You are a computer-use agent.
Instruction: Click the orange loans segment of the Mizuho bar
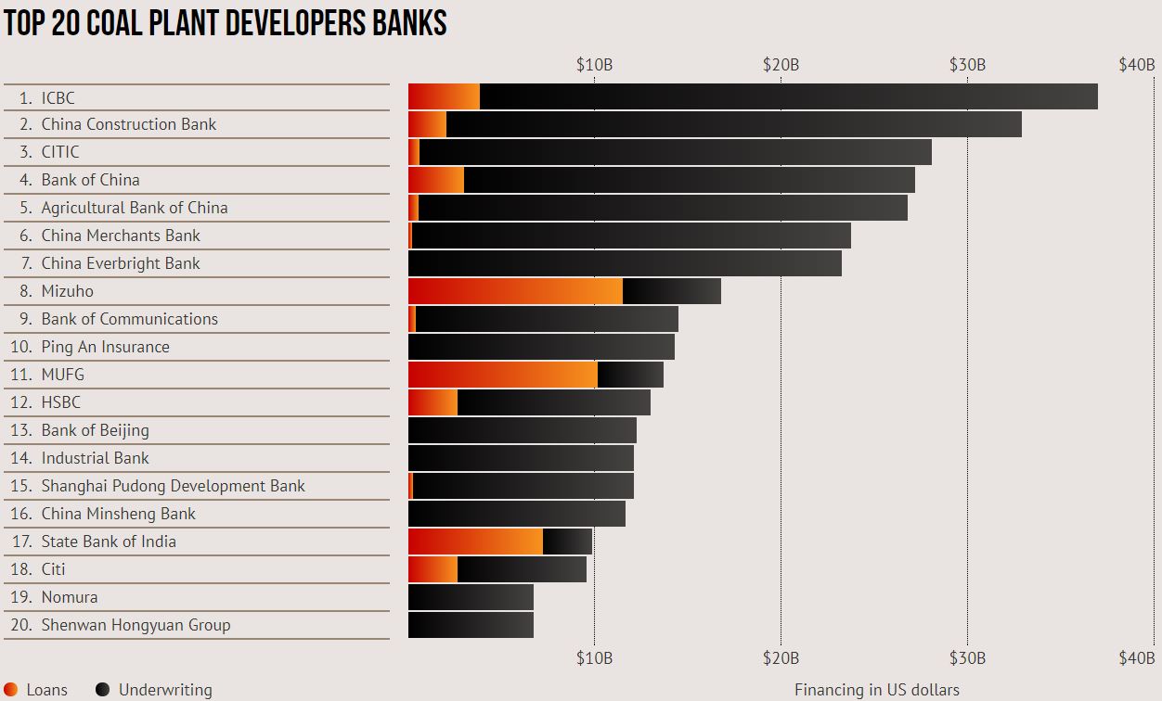tap(515, 291)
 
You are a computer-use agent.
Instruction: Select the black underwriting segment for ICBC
tap(789, 96)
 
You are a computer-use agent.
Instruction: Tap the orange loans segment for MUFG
tap(502, 375)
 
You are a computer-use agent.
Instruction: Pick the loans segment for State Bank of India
tap(475, 542)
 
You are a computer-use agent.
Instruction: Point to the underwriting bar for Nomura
tap(471, 597)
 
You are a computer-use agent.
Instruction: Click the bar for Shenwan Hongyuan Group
tap(471, 625)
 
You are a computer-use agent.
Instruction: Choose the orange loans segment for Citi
tap(433, 569)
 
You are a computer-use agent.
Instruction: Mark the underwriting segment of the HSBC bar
tap(554, 402)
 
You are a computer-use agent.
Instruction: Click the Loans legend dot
tap(11, 689)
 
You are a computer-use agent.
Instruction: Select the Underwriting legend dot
tap(103, 689)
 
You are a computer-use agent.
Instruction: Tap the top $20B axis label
tap(781, 65)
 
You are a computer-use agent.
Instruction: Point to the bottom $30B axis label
tap(967, 658)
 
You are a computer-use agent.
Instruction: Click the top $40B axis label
tap(1136, 65)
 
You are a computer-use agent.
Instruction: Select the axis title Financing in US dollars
tap(876, 690)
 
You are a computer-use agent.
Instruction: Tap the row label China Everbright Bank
tap(121, 263)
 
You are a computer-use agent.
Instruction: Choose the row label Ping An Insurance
tap(105, 347)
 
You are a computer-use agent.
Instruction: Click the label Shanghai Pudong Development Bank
tap(173, 486)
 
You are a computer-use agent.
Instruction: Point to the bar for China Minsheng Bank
tap(517, 514)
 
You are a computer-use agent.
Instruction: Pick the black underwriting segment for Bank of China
tap(689, 180)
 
